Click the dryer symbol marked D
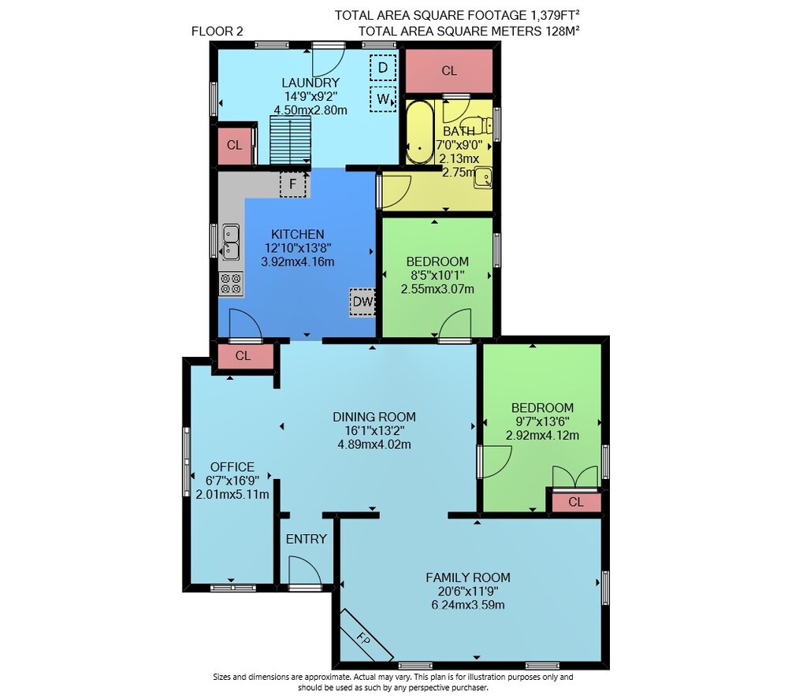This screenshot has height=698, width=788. (x=383, y=68)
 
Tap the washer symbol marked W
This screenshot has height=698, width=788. (x=383, y=99)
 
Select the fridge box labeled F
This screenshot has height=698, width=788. (x=293, y=184)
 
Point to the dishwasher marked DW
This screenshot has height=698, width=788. (x=362, y=302)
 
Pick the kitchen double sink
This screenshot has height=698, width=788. (x=231, y=242)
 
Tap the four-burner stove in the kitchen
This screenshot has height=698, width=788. (x=231, y=284)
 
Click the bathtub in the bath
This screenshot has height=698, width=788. (x=420, y=132)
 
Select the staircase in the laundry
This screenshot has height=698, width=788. (x=291, y=140)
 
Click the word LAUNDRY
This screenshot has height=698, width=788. (x=310, y=83)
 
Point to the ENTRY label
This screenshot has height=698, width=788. (x=307, y=539)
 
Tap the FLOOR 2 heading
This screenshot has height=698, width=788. (x=217, y=32)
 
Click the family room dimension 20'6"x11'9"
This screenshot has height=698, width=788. (x=468, y=592)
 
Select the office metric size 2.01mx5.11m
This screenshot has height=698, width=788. (x=232, y=495)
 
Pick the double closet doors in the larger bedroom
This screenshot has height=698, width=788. (x=575, y=477)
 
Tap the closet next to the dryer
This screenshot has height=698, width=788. (x=449, y=71)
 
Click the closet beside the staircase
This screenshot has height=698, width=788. (x=234, y=146)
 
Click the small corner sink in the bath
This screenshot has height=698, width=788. (x=483, y=178)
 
